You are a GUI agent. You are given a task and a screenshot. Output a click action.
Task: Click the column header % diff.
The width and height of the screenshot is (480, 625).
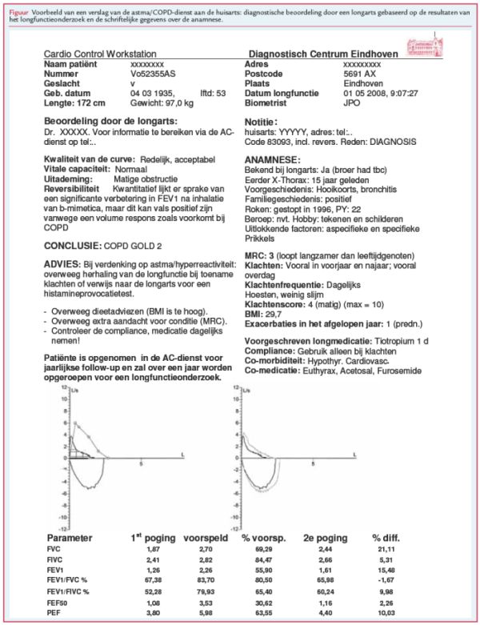pos(390,539)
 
